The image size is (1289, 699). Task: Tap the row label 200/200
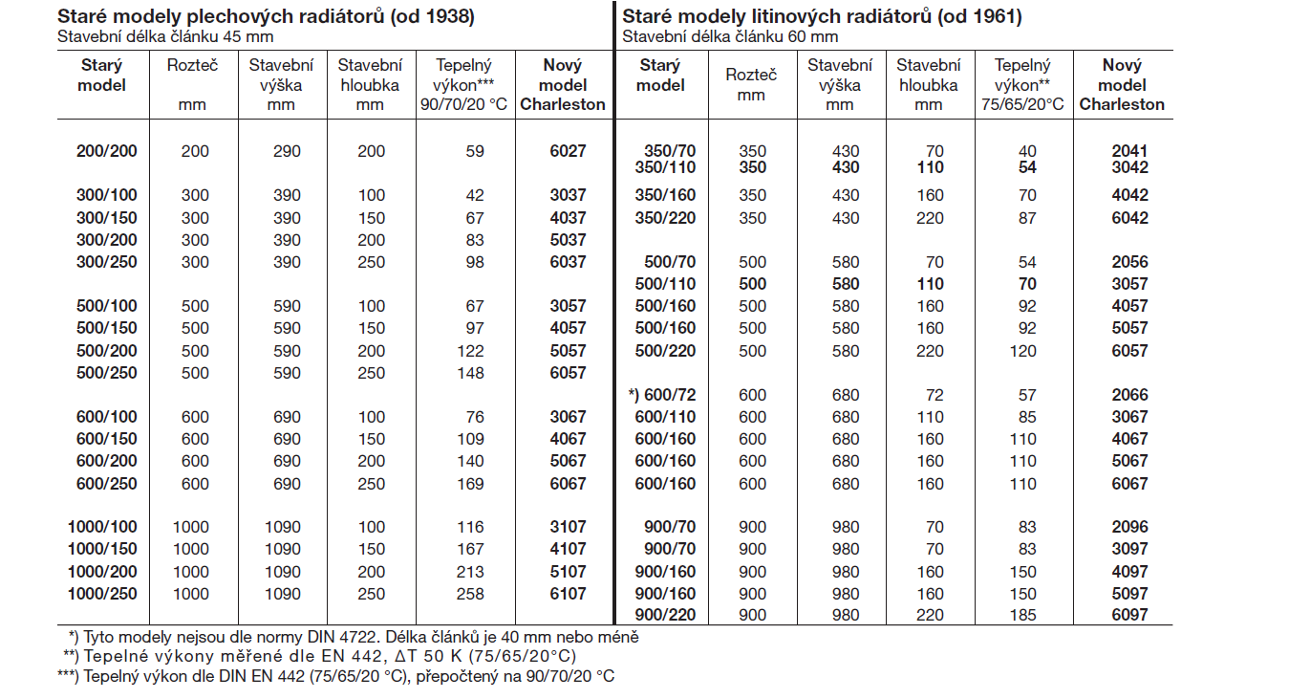coord(107,151)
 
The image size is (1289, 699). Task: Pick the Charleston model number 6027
coord(568,151)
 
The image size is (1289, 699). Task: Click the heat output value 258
coord(470,594)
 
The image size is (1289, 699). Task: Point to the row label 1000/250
coord(102,594)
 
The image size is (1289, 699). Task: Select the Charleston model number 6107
coord(568,594)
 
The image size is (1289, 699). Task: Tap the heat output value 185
coord(1022,616)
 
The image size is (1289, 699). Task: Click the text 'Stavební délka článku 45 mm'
coord(165,37)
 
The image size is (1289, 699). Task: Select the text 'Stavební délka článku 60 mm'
coord(730,37)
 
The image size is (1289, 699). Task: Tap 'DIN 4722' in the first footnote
coord(342,637)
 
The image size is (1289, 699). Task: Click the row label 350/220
coord(666,218)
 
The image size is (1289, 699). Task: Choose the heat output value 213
coord(470,572)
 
